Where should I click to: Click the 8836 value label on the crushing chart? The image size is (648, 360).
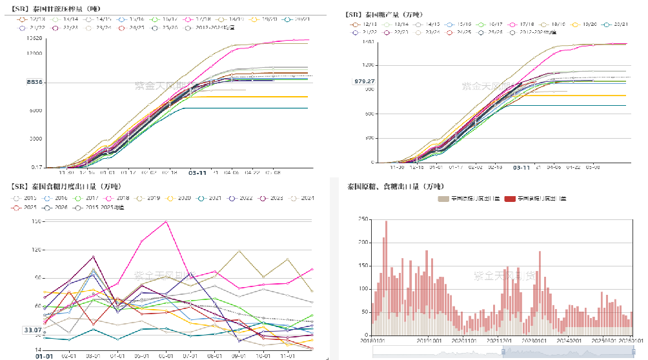[35, 82]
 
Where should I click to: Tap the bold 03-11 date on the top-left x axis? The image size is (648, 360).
[197, 173]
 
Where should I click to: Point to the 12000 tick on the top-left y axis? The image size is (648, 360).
[35, 52]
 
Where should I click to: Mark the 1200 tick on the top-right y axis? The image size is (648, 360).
[369, 65]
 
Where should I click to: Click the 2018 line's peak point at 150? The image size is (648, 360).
[167, 221]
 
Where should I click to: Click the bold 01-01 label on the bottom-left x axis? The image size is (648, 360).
[44, 355]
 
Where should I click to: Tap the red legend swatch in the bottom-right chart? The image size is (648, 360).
[509, 199]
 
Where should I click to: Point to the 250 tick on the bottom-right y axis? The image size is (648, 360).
[363, 220]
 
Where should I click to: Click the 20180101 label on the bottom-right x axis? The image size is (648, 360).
[370, 340]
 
